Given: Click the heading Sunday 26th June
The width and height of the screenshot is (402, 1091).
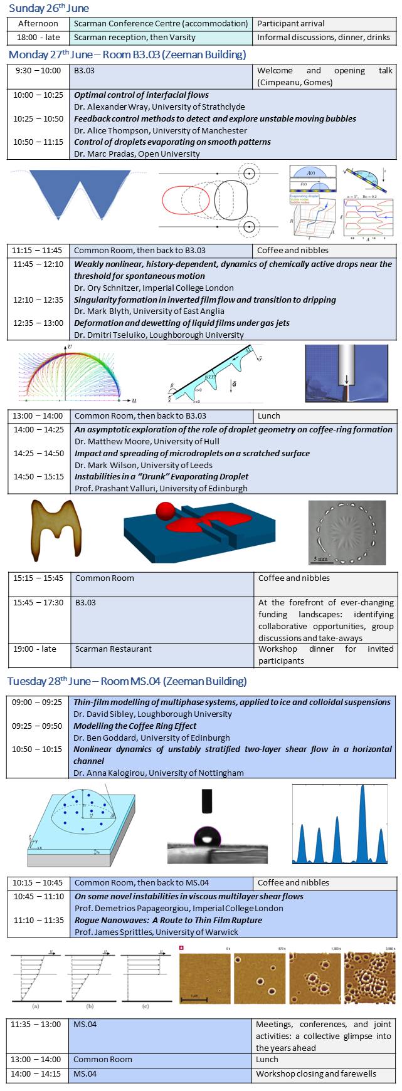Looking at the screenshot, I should click(x=49, y=8).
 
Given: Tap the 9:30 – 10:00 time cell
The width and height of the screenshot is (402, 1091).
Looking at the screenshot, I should click(x=37, y=71).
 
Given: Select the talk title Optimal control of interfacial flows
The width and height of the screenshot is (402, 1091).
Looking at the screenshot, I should click(x=141, y=95).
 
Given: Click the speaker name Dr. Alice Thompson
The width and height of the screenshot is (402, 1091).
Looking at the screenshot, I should click(x=161, y=130).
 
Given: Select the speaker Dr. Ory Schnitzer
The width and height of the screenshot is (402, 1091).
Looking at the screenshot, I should click(x=154, y=288).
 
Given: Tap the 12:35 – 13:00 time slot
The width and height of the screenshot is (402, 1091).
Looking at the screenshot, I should click(x=38, y=323).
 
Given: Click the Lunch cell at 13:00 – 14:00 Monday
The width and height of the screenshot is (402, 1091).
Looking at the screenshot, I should click(x=269, y=415).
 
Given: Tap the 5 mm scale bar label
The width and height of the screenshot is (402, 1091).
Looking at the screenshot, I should click(x=320, y=558).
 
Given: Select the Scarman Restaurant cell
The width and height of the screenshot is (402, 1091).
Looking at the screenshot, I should click(x=114, y=649).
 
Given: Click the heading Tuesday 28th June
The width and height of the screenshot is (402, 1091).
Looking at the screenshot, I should click(x=127, y=681).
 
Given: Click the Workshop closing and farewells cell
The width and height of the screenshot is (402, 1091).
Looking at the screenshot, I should click(x=316, y=1073).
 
